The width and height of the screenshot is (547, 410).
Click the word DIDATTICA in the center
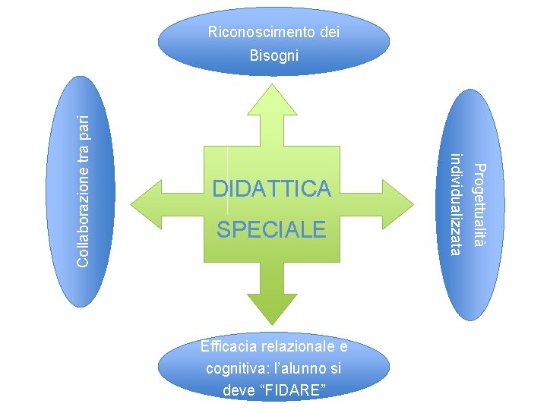click(272, 189)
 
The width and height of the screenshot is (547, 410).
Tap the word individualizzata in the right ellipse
click(456, 204)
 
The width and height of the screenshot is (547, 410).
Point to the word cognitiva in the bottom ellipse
click(231, 370)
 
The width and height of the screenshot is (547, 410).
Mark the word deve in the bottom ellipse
click(237, 392)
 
